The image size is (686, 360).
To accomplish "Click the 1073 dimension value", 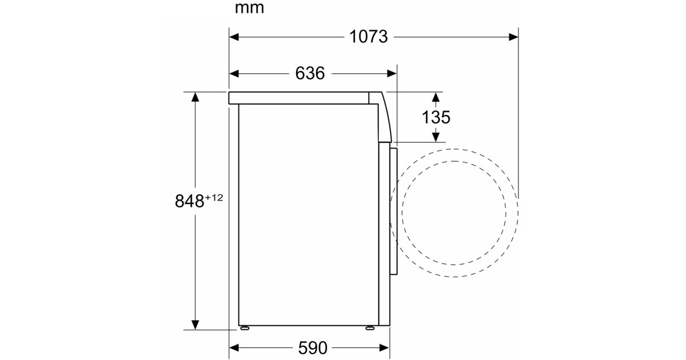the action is [368, 37].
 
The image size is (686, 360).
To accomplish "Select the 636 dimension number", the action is [310, 74].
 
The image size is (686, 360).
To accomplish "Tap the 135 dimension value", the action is [436, 117].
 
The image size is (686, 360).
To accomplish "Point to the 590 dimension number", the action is [313, 348].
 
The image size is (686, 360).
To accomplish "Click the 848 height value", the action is [189, 201].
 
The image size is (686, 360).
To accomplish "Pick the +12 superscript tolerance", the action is [214, 198].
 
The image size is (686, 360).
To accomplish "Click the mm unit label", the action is [249, 8].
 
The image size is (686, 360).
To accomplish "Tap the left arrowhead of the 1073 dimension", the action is [234, 37].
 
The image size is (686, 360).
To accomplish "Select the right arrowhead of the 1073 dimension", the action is [513, 37].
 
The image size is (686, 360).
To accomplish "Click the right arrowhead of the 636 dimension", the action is [392, 74].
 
